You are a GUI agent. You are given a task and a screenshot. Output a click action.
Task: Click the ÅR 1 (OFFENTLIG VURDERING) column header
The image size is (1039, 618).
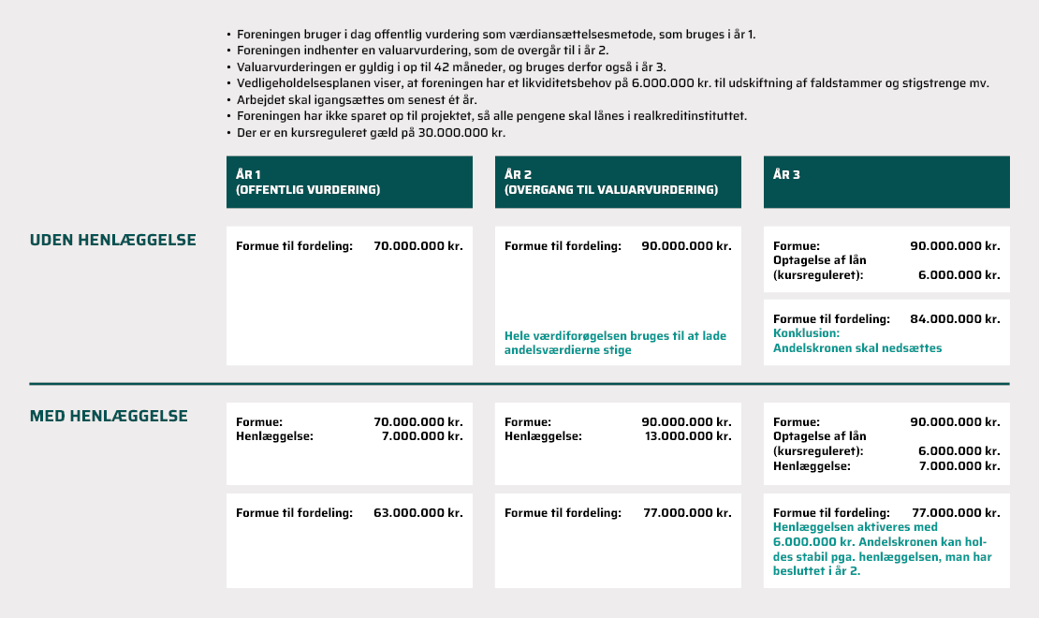[x=309, y=182]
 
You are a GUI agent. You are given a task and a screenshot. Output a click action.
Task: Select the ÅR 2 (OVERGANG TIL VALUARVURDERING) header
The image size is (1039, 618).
[x=611, y=182]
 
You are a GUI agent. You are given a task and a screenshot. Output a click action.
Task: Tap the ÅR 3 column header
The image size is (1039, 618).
[x=787, y=174]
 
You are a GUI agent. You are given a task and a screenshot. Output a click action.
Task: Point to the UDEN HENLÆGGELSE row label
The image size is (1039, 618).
[x=113, y=240]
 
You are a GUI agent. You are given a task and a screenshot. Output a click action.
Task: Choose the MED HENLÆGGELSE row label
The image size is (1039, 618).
[x=109, y=416]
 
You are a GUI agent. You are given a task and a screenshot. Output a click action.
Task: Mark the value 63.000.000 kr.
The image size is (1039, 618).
[x=417, y=513]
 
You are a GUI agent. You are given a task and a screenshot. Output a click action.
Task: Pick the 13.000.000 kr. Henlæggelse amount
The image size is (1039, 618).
[x=688, y=436]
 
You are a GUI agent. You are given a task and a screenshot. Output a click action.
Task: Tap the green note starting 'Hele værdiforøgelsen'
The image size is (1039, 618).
[x=615, y=343]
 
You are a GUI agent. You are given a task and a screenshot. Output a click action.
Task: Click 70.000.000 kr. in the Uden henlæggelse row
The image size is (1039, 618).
[x=417, y=246]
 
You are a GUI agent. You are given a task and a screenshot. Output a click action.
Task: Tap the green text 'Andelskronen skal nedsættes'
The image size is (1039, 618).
[x=857, y=347]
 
